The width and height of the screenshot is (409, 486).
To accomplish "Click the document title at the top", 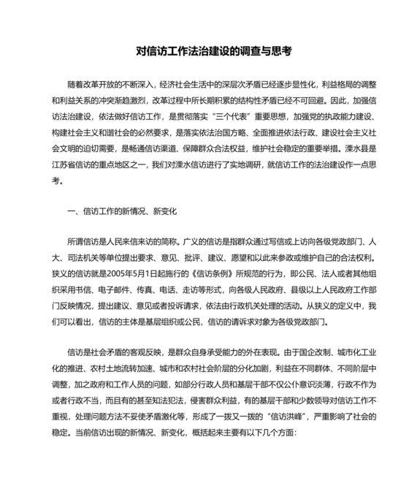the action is coord(204,51).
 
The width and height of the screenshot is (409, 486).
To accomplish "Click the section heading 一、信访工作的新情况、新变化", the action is coord(121,211).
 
